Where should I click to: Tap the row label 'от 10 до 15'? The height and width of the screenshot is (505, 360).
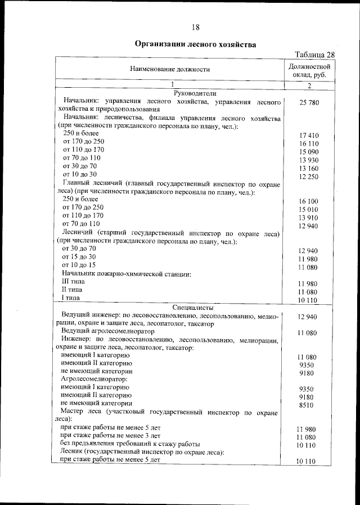pyautogui.click(x=79, y=264)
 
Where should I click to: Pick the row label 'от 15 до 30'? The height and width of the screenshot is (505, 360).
pyautogui.click(x=79, y=256)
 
